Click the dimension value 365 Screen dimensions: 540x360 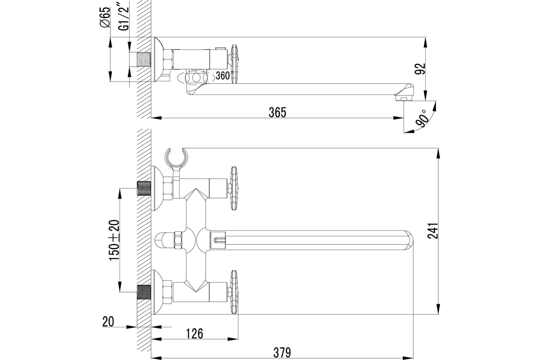tap(278, 112)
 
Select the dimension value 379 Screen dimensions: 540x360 tap(282, 353)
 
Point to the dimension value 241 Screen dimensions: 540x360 tap(433, 231)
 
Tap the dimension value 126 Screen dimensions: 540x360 tap(194, 334)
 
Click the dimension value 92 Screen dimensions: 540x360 tap(420, 69)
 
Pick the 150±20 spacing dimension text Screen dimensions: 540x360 tap(114, 240)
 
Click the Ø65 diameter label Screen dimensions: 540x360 tap(105, 17)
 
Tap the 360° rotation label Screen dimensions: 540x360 tap(225, 76)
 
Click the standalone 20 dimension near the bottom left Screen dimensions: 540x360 tap(108, 321)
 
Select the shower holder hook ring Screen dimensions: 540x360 tap(176, 157)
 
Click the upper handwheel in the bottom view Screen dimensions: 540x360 tap(234, 188)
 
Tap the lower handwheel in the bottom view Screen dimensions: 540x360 tap(234, 292)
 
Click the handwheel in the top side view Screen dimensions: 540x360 tap(234, 64)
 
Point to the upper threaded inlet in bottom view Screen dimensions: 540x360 tap(144, 188)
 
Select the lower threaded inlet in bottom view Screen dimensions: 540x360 tap(144, 292)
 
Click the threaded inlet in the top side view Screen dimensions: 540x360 tap(144, 59)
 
